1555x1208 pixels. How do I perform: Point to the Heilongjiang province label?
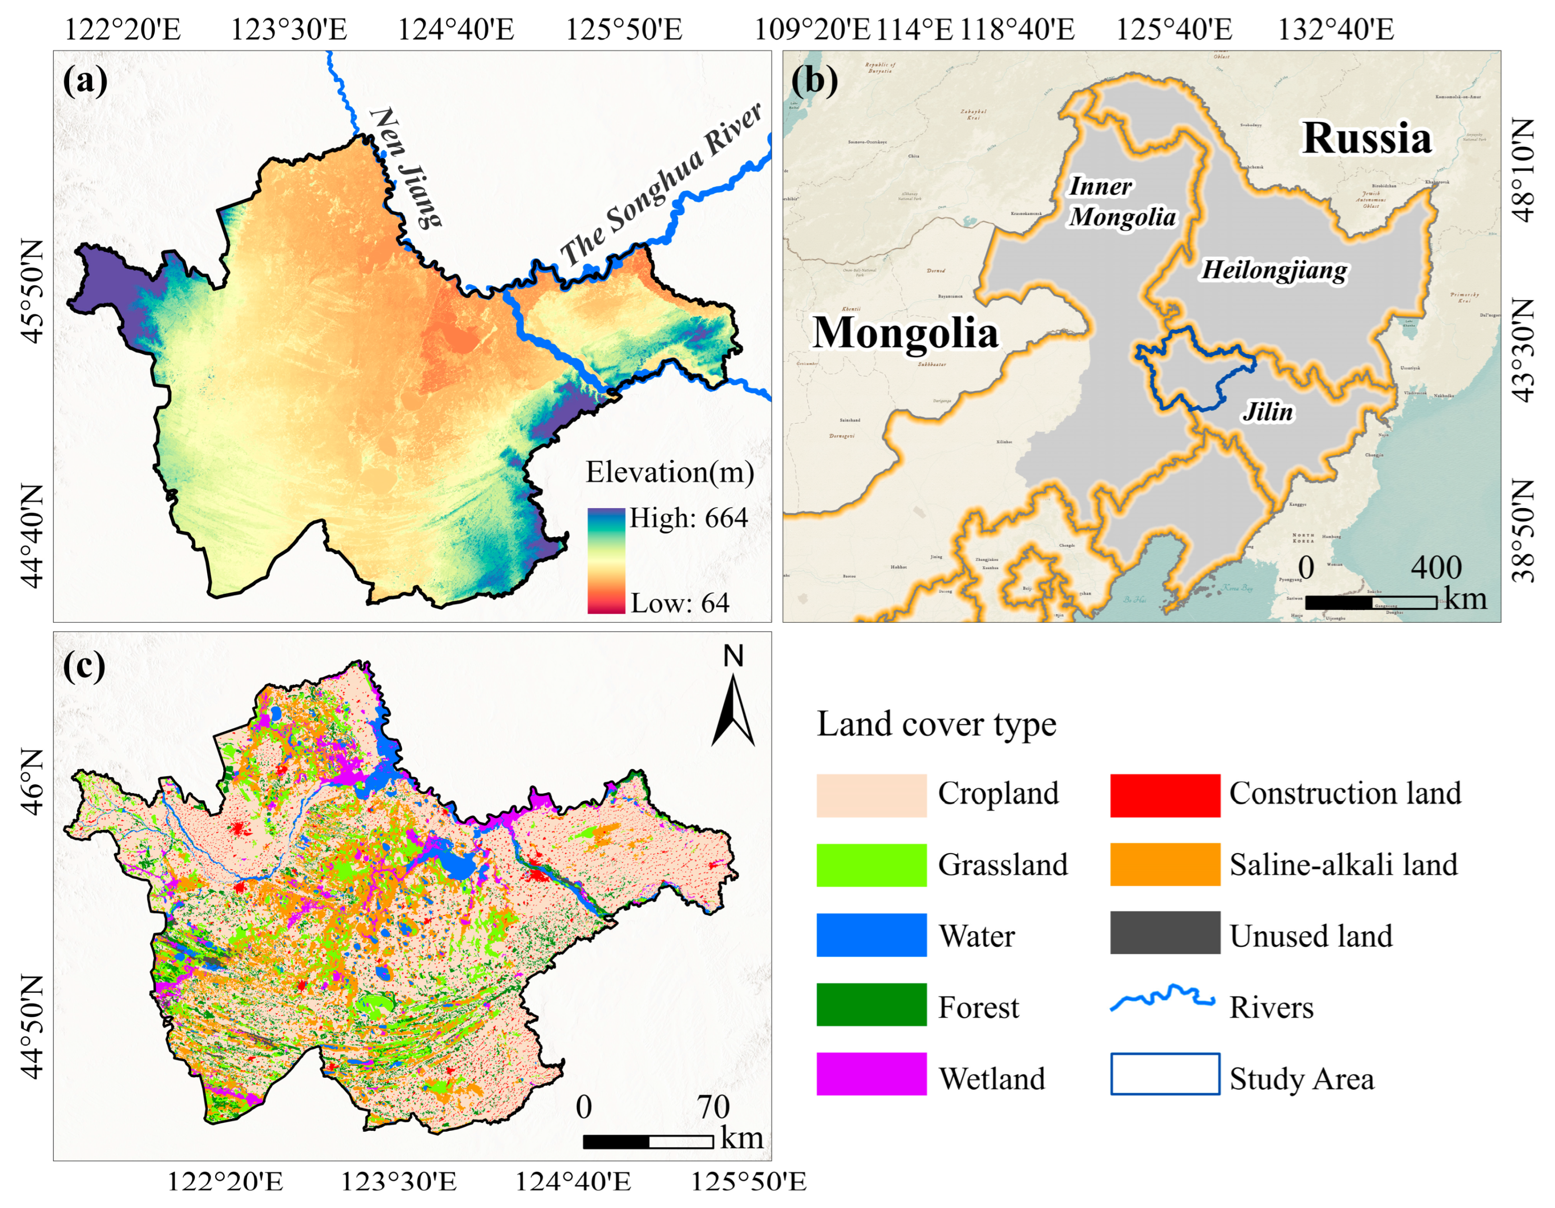[x=1274, y=270]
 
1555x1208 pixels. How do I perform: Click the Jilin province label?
[x=1268, y=412]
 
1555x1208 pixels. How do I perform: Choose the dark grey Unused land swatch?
[x=1164, y=933]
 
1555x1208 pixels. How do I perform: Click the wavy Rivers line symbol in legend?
[x=1163, y=998]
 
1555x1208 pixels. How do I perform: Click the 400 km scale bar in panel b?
[x=1370, y=603]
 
